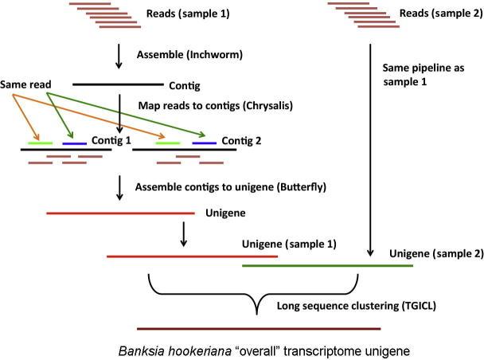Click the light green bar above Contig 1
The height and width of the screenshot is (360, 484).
[41, 143]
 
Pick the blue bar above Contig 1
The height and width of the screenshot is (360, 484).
[75, 143]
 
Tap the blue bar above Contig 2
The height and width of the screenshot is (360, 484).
[204, 143]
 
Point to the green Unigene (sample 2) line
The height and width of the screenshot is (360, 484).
[326, 266]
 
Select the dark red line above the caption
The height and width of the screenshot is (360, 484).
[259, 327]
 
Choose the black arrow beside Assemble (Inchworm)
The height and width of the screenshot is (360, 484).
[119, 56]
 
